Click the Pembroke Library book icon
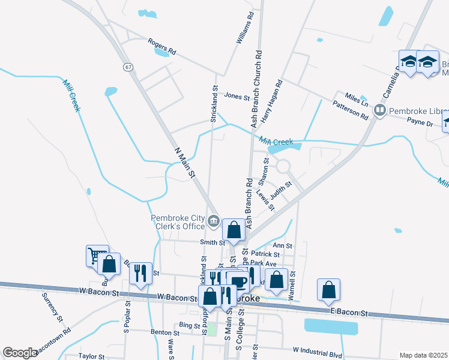(379, 110)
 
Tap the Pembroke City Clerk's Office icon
(213, 223)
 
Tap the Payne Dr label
(420, 123)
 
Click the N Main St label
(185, 163)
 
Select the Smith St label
(212, 242)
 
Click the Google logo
(20, 352)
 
